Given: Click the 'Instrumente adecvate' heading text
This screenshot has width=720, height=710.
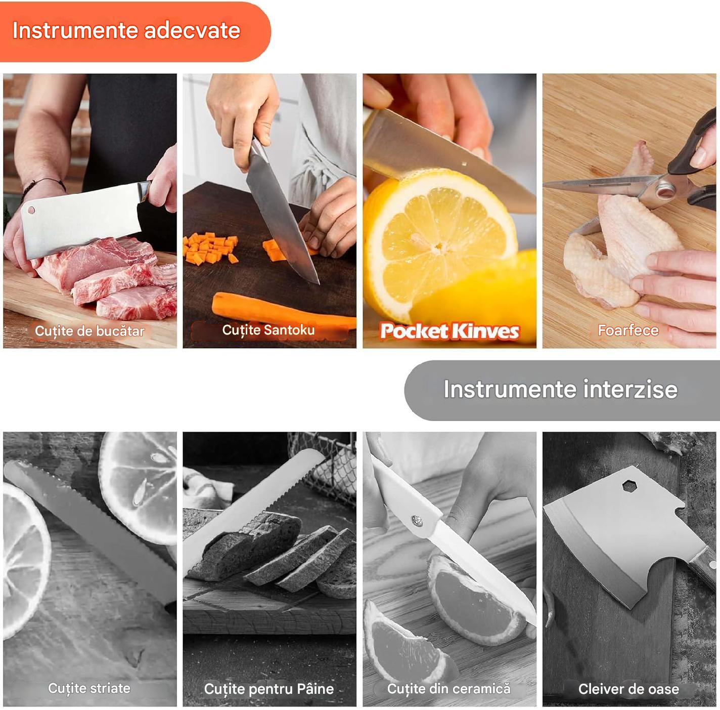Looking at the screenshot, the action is click(x=126, y=30).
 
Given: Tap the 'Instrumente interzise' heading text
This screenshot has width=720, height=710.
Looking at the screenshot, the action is click(x=560, y=390).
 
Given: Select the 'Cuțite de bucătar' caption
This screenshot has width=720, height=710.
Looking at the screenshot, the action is click(x=89, y=331).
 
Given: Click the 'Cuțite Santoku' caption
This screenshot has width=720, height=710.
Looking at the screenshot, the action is click(x=268, y=330).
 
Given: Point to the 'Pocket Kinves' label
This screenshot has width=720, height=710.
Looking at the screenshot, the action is click(x=449, y=331).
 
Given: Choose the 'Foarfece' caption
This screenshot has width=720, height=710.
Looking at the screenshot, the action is click(x=628, y=330).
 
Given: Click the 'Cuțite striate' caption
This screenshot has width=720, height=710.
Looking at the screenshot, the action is click(x=89, y=688).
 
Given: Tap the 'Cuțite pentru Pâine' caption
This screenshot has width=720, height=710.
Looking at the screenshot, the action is click(x=269, y=689).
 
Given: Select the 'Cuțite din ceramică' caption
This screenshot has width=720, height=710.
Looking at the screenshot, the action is click(x=449, y=689).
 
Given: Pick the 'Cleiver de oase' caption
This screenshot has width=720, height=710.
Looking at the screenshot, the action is click(x=629, y=689).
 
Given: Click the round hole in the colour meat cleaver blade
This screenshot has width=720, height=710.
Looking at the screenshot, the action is click(x=31, y=210).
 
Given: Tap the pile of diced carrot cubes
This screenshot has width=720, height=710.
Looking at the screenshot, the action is click(x=210, y=247).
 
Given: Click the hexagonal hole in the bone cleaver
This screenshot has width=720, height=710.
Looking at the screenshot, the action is click(x=630, y=486).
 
